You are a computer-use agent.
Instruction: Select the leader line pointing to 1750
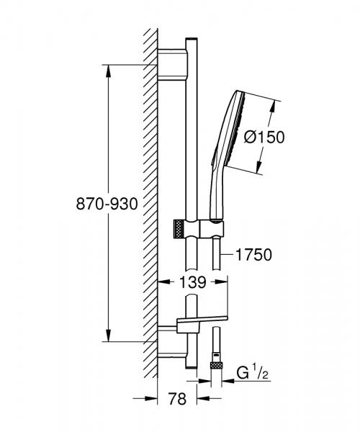tap(228, 253)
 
